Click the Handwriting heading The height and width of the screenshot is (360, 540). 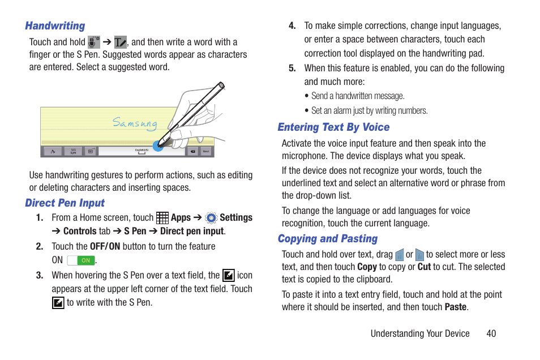pyautogui.click(x=55, y=26)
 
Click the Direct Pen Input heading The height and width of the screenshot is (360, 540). pyautogui.click(x=65, y=203)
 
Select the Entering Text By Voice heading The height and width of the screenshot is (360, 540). pyautogui.click(x=333, y=127)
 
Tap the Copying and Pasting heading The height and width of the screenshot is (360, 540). pyautogui.click(x=327, y=239)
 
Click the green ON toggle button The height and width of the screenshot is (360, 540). pyautogui.click(x=81, y=260)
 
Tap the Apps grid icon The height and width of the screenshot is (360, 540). pyautogui.click(x=162, y=218)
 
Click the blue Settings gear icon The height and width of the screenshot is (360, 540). pyautogui.click(x=211, y=218)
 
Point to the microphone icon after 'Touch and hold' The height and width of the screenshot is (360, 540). pyautogui.click(x=94, y=42)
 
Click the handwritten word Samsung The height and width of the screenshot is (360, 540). pyautogui.click(x=135, y=123)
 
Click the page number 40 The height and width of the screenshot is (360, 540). pyautogui.click(x=491, y=333)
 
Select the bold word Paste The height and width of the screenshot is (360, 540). pyautogui.click(x=456, y=307)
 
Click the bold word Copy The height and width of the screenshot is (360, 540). pyautogui.click(x=367, y=267)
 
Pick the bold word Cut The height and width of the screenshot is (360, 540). pyautogui.click(x=424, y=267)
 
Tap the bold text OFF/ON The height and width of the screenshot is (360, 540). pyautogui.click(x=105, y=247)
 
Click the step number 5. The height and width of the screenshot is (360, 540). pyautogui.click(x=292, y=68)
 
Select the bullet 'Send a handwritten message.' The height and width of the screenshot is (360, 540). pyautogui.click(x=358, y=96)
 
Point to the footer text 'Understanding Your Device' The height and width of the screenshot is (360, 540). pyautogui.click(x=420, y=333)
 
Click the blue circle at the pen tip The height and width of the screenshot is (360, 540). pyautogui.click(x=158, y=145)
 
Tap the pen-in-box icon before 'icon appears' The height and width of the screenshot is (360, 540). pyautogui.click(x=229, y=276)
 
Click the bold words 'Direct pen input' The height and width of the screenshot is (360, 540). pyautogui.click(x=192, y=232)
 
